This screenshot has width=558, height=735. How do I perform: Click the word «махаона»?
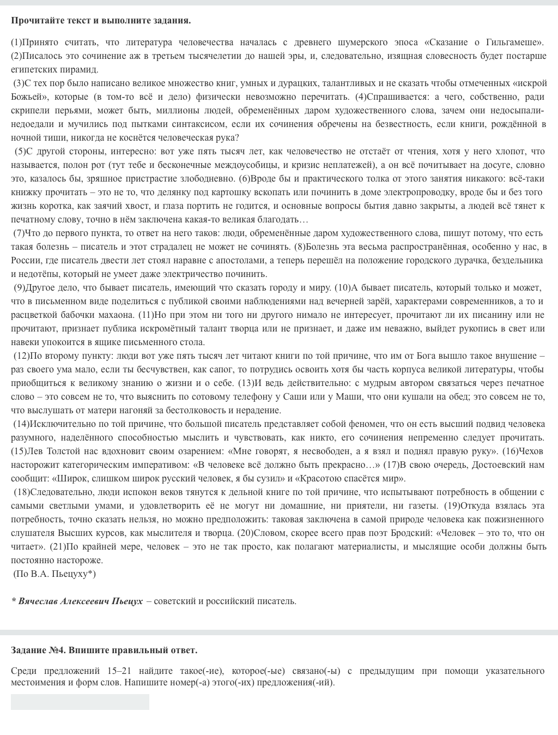116,315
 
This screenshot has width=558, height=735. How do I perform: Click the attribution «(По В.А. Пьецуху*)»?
54,574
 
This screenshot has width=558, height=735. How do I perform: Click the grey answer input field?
80,702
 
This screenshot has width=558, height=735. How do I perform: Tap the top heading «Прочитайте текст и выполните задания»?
101,21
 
